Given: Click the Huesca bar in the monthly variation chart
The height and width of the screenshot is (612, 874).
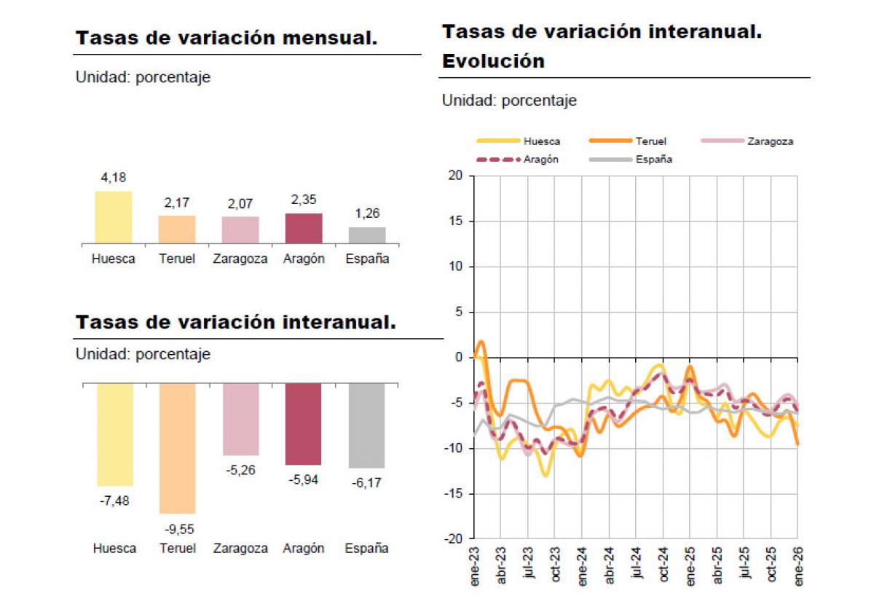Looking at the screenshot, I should pos(114,217).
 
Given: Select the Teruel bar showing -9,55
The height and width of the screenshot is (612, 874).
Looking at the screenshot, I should pos(177,448).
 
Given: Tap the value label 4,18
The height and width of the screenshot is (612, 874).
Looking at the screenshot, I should pos(114,178).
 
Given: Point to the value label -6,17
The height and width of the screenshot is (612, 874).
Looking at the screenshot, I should pos(366,482).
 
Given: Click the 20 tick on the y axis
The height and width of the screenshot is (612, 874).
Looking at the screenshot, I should pos(456,176).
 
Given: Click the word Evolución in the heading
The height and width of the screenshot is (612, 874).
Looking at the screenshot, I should pos(493,61).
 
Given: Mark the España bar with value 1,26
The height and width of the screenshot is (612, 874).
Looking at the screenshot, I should pos(367,235).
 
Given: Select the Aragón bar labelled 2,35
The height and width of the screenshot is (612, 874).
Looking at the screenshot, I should pos(304,228).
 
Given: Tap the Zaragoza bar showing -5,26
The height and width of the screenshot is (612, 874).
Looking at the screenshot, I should pos(240,419).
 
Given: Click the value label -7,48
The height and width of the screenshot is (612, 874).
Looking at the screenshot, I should pos(114,501).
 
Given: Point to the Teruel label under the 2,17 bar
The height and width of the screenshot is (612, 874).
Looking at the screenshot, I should pos(177,259).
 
